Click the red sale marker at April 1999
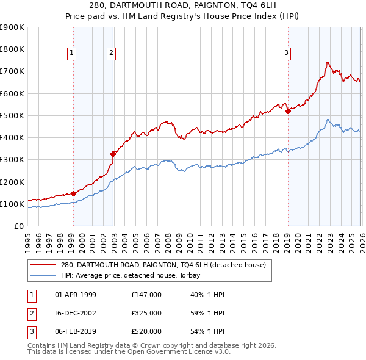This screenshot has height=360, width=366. [73, 193]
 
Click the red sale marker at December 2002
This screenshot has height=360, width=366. [113, 154]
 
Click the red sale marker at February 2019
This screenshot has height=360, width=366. [288, 111]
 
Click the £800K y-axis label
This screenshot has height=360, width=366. [12, 49]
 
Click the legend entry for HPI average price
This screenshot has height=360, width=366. [135, 275]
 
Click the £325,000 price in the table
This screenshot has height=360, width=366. [146, 313]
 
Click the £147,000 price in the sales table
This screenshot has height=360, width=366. [146, 295]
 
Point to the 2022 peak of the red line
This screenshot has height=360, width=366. [328, 62]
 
